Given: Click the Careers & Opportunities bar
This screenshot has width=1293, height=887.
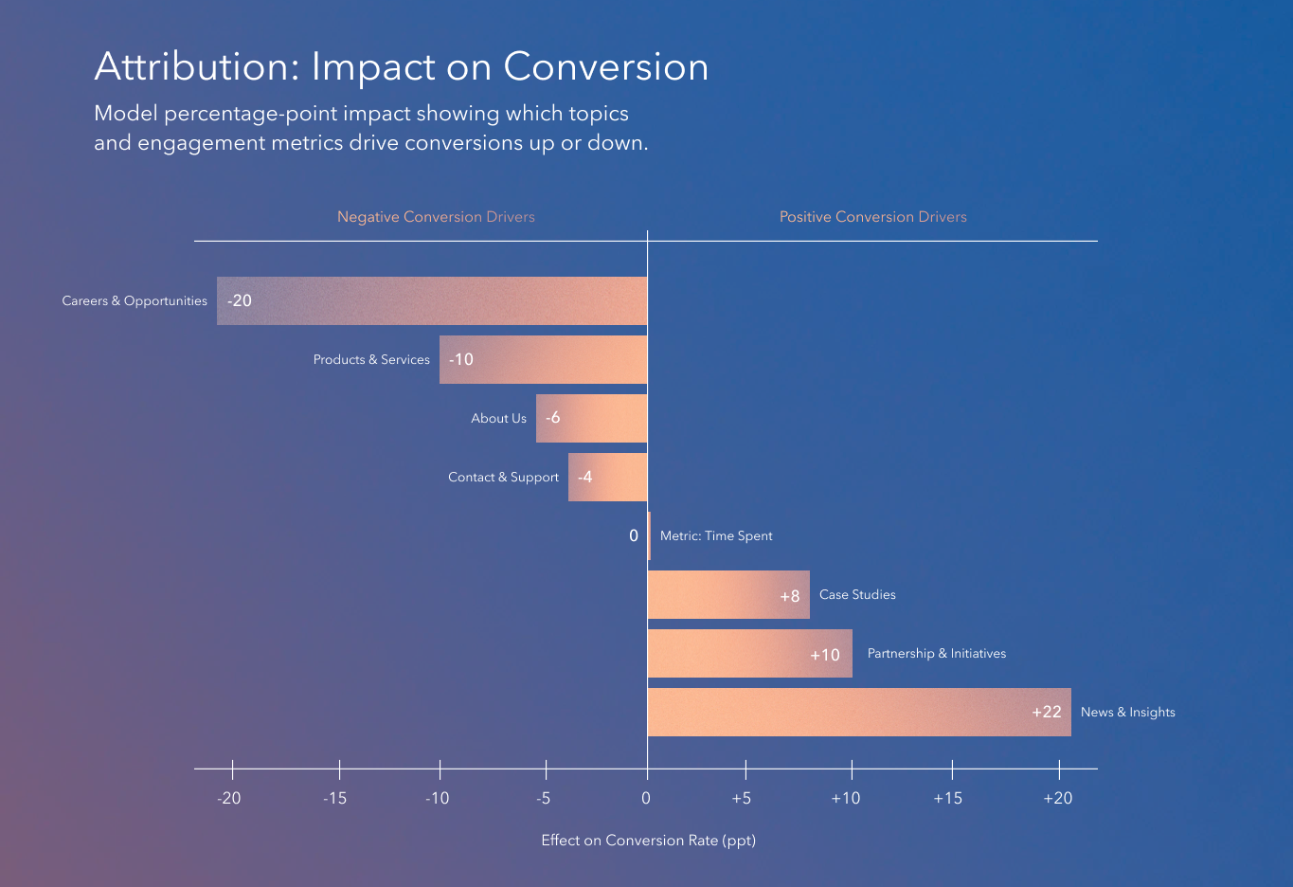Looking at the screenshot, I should tap(432, 300).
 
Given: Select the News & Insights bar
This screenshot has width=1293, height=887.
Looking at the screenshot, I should tap(859, 712).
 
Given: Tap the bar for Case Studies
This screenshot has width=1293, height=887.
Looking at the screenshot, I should tap(728, 594).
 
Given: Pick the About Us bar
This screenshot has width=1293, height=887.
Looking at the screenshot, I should tap(591, 418).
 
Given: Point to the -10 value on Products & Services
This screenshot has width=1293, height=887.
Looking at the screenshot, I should tap(461, 359).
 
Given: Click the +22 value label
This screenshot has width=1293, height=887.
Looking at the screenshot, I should tap(1047, 712).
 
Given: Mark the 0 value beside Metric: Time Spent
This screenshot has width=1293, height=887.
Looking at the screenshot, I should tap(634, 535).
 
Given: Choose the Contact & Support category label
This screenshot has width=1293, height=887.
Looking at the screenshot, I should tap(503, 477).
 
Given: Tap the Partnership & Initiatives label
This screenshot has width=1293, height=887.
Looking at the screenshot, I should tap(936, 653).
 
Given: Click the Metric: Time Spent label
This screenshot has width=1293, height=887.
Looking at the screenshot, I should tap(716, 535).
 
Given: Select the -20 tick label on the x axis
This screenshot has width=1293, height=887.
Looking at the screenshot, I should tap(228, 798).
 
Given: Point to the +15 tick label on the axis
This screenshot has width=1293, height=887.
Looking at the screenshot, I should tap(947, 798).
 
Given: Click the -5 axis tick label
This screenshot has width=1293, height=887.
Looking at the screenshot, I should tap(543, 798).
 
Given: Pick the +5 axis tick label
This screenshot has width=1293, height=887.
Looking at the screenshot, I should tap(742, 798).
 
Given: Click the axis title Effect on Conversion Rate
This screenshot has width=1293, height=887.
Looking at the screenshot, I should tap(648, 840).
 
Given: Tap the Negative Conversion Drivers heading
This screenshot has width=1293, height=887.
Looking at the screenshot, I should tap(436, 217).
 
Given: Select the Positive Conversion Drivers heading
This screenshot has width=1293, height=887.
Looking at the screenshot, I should tap(872, 217).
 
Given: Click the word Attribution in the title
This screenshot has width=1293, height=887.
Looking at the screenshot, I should tap(196, 67).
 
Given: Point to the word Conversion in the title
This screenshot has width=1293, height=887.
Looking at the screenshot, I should tap(605, 67).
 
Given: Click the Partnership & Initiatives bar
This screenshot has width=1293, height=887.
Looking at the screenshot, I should tap(749, 653).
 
